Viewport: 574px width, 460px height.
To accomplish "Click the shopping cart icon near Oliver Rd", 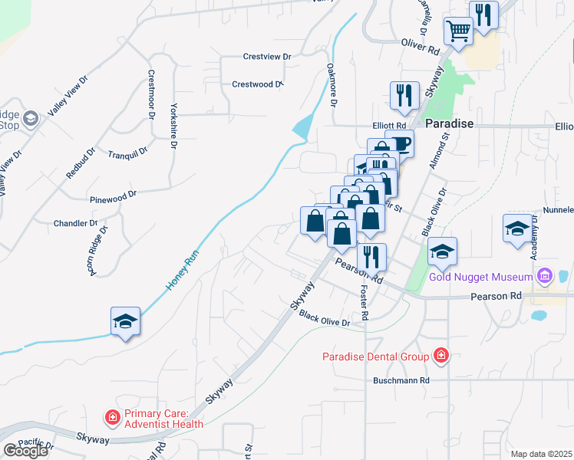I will coord(458,31).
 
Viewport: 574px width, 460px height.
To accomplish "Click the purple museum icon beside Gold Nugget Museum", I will coord(545,274).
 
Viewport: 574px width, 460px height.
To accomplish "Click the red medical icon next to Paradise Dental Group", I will coord(440,355).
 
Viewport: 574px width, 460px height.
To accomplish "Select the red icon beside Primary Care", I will coord(112,418).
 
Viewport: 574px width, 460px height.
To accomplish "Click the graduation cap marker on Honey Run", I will coord(125,321).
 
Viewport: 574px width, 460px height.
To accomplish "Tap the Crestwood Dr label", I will coord(258,84).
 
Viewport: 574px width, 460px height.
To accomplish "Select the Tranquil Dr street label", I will coord(127,153).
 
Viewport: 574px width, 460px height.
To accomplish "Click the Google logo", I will coord(25,451).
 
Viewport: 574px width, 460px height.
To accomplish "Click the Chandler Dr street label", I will coord(75,224).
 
